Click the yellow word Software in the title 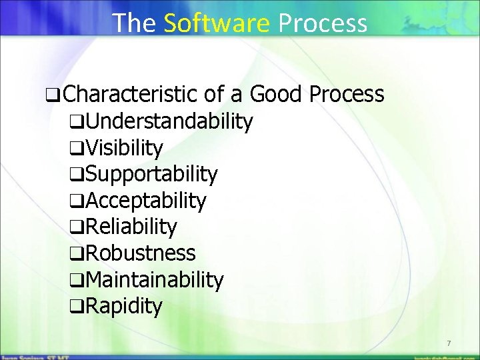click(216, 23)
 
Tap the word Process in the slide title click(323, 23)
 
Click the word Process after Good click(347, 95)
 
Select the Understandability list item click(169, 121)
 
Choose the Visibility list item click(124, 148)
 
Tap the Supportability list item click(151, 174)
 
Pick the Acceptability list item click(146, 201)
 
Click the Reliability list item click(131, 227)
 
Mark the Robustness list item click(140, 253)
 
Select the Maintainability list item click(154, 280)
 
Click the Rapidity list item click(123, 307)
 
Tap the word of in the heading click(213, 95)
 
